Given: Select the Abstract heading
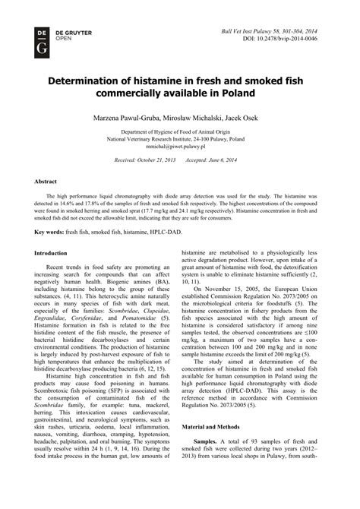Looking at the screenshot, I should [x=48, y=182].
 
